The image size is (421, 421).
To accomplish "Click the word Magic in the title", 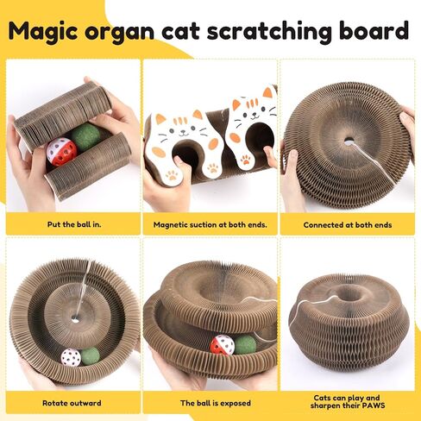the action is [x=43, y=31].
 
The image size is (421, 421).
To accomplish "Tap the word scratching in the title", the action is [x=269, y=31].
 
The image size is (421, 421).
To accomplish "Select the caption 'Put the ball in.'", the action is [x=74, y=224].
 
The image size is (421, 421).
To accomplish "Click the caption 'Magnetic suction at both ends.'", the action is [x=210, y=224].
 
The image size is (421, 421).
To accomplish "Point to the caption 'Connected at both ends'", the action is [x=348, y=225].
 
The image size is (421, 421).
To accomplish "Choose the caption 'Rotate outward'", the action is [x=72, y=403].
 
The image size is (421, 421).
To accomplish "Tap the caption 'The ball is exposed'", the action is [x=216, y=403].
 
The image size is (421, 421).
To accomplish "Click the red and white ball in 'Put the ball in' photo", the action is [x=61, y=152].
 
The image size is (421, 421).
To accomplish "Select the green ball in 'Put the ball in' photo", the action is [x=85, y=136].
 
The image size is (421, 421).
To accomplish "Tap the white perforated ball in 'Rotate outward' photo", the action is [x=71, y=357].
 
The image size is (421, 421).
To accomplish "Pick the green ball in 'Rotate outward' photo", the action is [x=91, y=356].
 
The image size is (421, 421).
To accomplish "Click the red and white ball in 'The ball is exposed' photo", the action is [x=222, y=345].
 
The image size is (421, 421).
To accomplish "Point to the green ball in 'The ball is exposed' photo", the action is [x=244, y=344].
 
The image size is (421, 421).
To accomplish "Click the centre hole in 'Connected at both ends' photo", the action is [x=349, y=141].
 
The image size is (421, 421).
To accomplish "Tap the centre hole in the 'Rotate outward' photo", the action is [x=75, y=318].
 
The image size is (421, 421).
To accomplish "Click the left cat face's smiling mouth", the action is [x=184, y=134].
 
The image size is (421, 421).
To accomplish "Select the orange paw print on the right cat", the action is [x=245, y=160].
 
